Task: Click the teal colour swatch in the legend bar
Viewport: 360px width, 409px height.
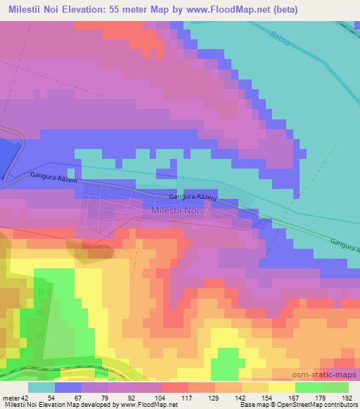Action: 41,387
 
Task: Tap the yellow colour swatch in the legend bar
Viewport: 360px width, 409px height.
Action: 281,387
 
